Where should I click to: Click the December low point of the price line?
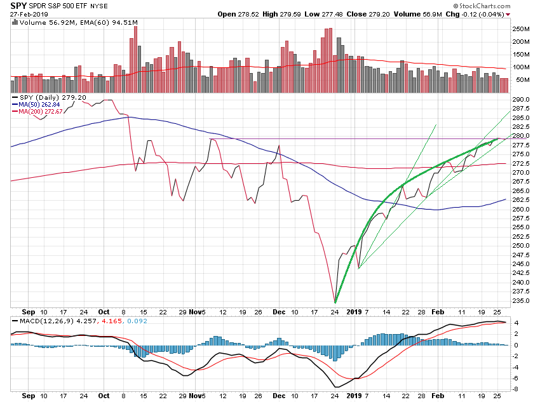pyautogui.click(x=335, y=302)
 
